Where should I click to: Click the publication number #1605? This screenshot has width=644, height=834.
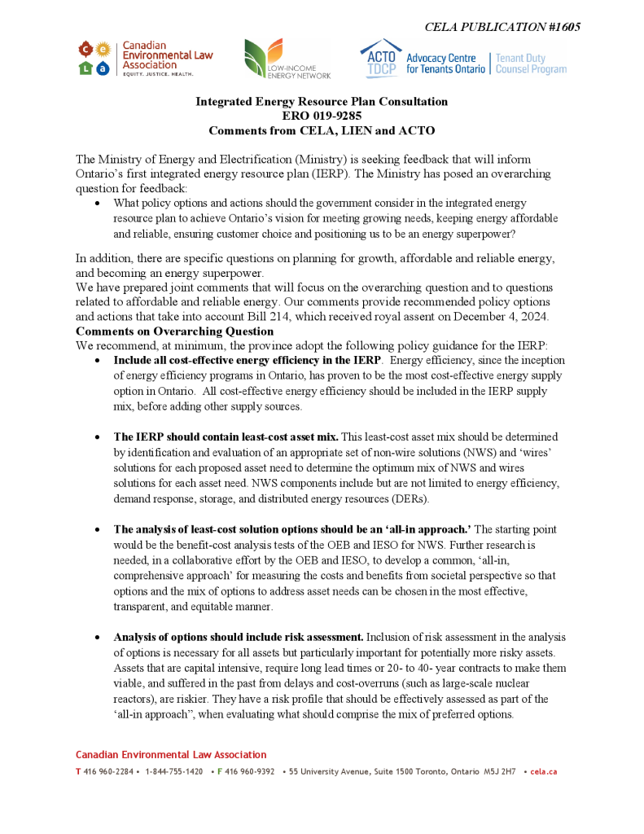tap(559, 27)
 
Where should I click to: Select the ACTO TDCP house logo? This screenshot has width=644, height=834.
tap(381, 58)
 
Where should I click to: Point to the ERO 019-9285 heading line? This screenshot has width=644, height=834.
tap(322, 116)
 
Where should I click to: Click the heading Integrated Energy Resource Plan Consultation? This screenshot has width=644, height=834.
tap(322, 102)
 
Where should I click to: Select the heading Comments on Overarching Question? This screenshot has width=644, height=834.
tap(174, 331)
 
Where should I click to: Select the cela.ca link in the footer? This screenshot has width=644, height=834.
tap(543, 771)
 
